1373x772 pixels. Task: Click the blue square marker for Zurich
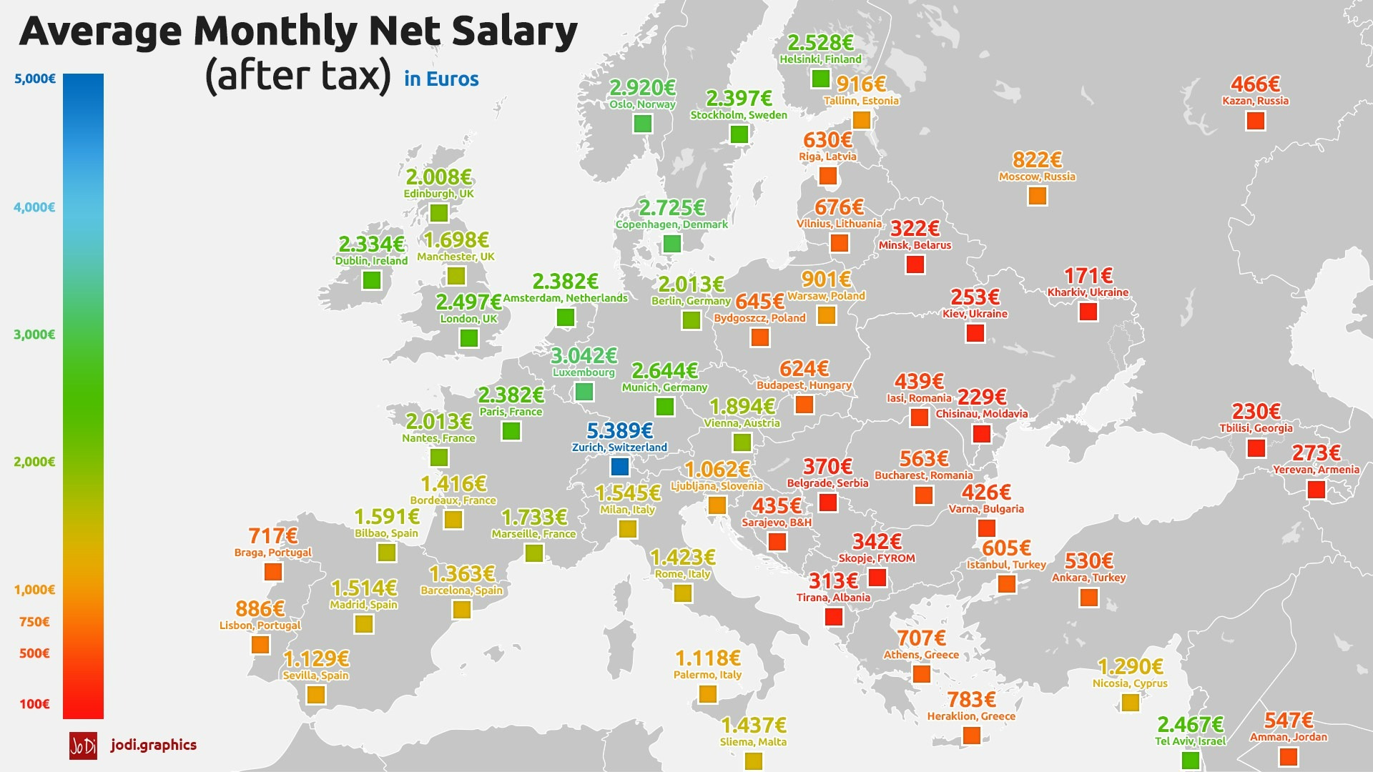pyautogui.click(x=620, y=467)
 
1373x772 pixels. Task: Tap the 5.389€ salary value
pyautogui.click(x=619, y=431)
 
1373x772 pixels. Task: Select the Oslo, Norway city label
pyautogui.click(x=642, y=104)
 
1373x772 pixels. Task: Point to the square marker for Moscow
pyautogui.click(x=1037, y=195)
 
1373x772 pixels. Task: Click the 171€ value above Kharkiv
pyautogui.click(x=1088, y=276)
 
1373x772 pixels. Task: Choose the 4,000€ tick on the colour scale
pyautogui.click(x=34, y=207)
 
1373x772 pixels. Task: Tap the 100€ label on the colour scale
pyautogui.click(x=34, y=704)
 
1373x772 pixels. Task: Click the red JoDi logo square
pyautogui.click(x=83, y=746)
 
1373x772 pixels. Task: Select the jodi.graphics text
pyautogui.click(x=154, y=745)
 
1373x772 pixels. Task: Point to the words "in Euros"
pyautogui.click(x=441, y=79)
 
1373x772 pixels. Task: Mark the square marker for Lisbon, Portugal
pyautogui.click(x=260, y=644)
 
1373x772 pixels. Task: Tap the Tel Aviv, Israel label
pyautogui.click(x=1190, y=741)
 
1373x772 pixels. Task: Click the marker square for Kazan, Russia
pyautogui.click(x=1255, y=120)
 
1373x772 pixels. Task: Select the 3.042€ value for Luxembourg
pyautogui.click(x=584, y=355)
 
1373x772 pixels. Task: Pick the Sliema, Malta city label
pyautogui.click(x=753, y=742)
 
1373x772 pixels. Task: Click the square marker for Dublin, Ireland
pyautogui.click(x=371, y=279)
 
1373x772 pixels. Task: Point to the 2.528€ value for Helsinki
pyautogui.click(x=820, y=43)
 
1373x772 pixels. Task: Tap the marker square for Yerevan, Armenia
pyautogui.click(x=1316, y=490)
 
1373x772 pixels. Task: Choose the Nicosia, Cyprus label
pyautogui.click(x=1130, y=683)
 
